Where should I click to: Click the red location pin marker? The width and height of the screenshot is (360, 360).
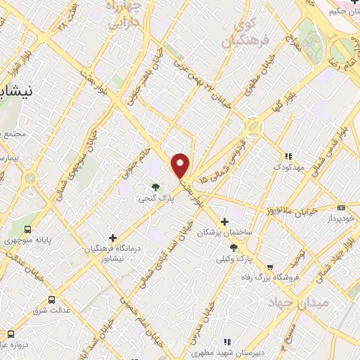181,165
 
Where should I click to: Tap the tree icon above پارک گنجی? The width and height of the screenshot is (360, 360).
155,187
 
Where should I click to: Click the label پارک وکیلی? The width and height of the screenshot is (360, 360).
234,259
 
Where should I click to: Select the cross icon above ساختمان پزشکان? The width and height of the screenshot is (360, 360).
225,221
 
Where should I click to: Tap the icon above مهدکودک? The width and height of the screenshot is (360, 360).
287,156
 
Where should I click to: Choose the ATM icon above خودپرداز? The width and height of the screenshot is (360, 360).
341,207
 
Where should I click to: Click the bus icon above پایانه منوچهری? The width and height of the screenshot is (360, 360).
28,229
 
